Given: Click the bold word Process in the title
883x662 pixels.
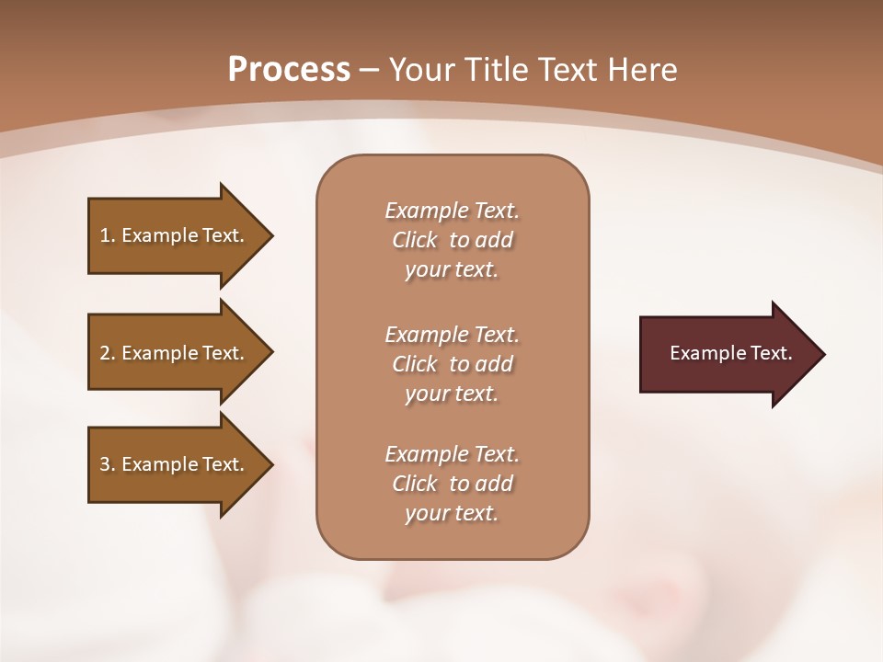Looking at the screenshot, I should pos(289,70).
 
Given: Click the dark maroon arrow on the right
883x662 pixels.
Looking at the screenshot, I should pos(727,354).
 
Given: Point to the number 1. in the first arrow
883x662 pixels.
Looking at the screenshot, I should pos(108,235).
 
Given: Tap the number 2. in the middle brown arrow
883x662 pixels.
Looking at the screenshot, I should pos(108,353).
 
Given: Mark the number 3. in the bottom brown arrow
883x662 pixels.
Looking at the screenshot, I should pos(108,464).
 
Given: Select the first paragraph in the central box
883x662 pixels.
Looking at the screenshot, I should pos(452,240).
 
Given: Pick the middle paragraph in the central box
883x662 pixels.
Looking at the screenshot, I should pos(452,364).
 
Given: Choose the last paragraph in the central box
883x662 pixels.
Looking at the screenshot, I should pos(452,484).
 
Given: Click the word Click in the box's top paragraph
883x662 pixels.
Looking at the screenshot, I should pos(415,241).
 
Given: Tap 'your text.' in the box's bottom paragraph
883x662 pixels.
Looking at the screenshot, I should pos(452,513).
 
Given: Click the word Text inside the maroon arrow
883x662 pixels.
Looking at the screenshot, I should pos(771,353).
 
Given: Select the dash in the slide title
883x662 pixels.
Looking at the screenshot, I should pos(370,70).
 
